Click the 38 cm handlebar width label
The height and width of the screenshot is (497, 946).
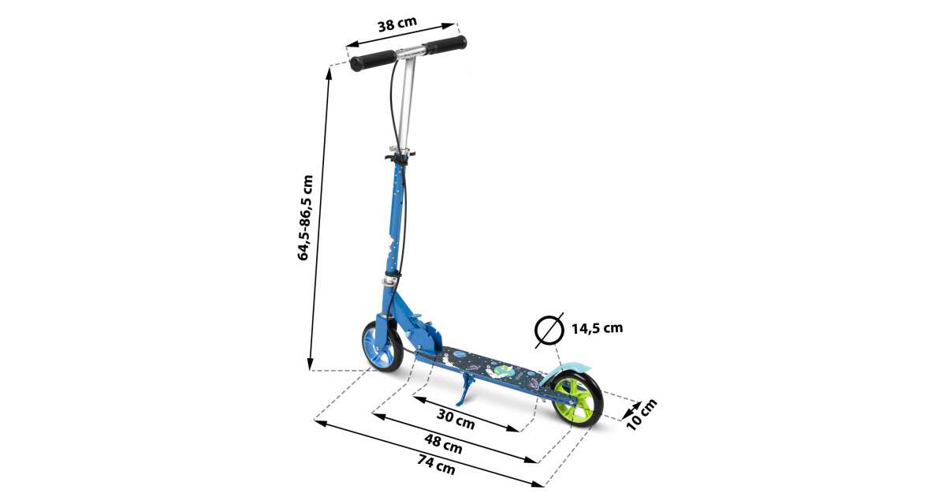point(397,24)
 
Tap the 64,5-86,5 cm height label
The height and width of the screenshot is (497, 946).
point(305,218)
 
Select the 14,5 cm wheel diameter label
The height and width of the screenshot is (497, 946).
point(598,328)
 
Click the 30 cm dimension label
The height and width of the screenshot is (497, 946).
point(456,419)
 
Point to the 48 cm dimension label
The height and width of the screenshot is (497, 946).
point(443,443)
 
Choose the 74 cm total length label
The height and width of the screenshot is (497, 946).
point(437,464)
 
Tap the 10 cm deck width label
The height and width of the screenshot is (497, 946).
point(642,415)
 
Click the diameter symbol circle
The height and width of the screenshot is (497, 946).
point(549,331)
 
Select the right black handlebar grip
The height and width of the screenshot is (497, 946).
point(446,44)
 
